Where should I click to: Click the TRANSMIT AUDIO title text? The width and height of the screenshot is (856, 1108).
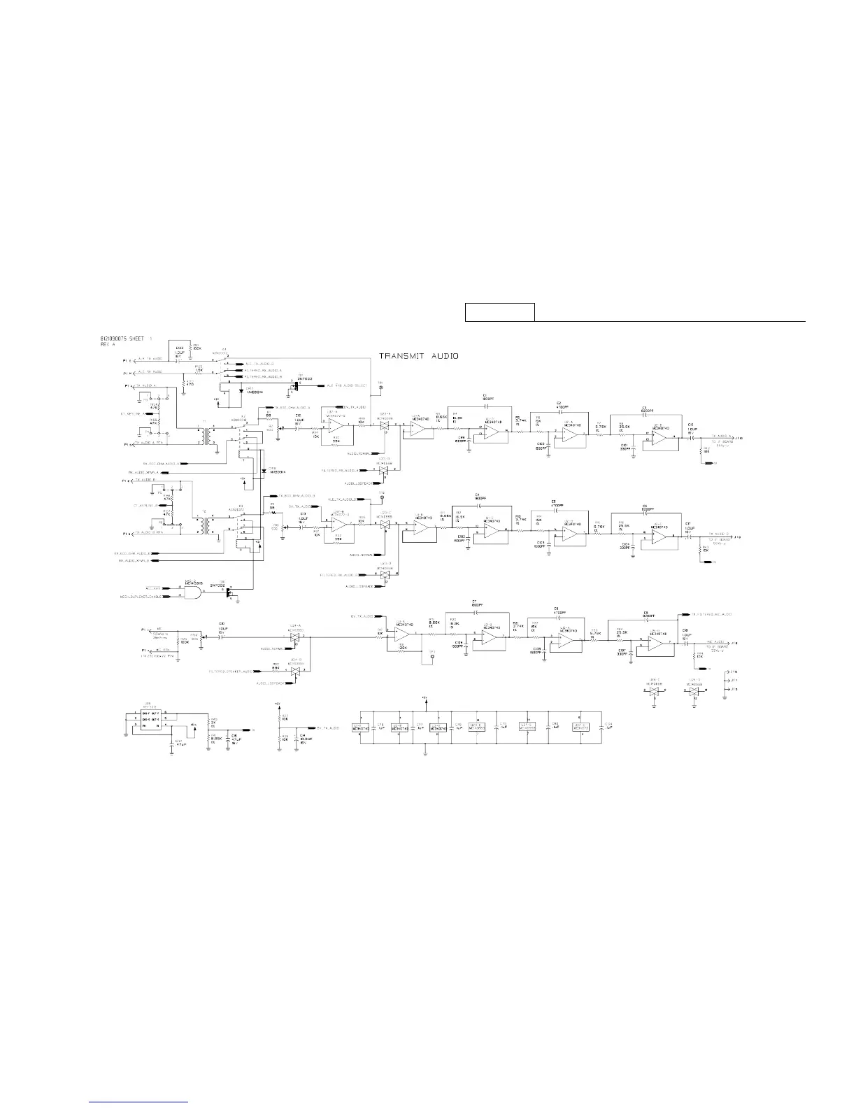coord(419,355)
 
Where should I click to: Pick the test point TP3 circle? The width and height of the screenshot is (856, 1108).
coord(432,656)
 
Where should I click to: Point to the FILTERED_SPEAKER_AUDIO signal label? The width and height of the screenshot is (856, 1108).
coord(231,671)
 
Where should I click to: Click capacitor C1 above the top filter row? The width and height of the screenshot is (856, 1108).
coord(484,398)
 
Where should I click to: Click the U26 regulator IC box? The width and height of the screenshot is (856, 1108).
coord(150,719)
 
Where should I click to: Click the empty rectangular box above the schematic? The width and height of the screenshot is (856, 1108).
coord(500,312)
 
